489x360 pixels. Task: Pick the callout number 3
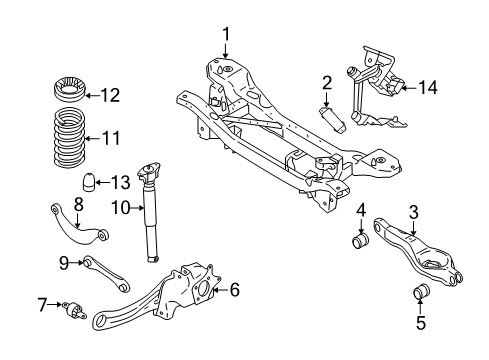tap(412, 211)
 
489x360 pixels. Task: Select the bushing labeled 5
tap(421, 291)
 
